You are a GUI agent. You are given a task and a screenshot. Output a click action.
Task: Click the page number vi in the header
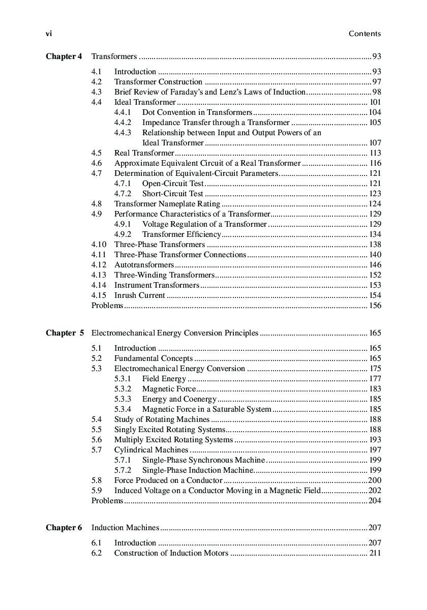[x=49, y=34]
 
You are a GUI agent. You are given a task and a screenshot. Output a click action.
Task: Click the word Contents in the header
[x=364, y=34]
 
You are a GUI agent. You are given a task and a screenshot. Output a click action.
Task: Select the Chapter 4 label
[x=64, y=56]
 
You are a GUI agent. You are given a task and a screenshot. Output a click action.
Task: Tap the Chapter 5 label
[x=65, y=333]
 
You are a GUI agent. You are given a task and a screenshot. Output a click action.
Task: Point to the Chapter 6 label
[x=64, y=528]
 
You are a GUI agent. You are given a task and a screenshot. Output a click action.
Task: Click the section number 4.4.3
[x=123, y=133]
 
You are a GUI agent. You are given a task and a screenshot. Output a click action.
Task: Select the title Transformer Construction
[x=158, y=82]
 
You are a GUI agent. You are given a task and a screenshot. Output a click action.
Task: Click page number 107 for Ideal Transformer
[x=375, y=143]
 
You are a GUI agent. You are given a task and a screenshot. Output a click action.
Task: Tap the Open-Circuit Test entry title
[x=173, y=184]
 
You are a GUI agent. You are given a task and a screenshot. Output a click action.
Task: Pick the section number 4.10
[x=99, y=245]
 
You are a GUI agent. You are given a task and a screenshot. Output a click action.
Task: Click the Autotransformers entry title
[x=144, y=265]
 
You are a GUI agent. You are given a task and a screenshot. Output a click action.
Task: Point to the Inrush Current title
[x=139, y=295]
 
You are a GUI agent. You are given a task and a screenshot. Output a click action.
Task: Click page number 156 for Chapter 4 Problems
[x=375, y=306]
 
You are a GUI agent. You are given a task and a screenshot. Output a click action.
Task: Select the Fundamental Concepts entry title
[x=154, y=358]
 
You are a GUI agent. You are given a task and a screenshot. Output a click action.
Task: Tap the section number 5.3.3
[x=123, y=399]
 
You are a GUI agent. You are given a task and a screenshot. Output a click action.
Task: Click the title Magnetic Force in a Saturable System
[x=206, y=409]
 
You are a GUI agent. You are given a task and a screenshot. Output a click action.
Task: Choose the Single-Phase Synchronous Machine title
[x=203, y=460]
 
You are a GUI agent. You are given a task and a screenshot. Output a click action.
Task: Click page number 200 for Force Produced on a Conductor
[x=375, y=480]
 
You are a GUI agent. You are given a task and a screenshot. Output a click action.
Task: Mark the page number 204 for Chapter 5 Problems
[x=375, y=501]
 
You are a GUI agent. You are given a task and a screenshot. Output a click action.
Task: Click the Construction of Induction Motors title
[x=171, y=553]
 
